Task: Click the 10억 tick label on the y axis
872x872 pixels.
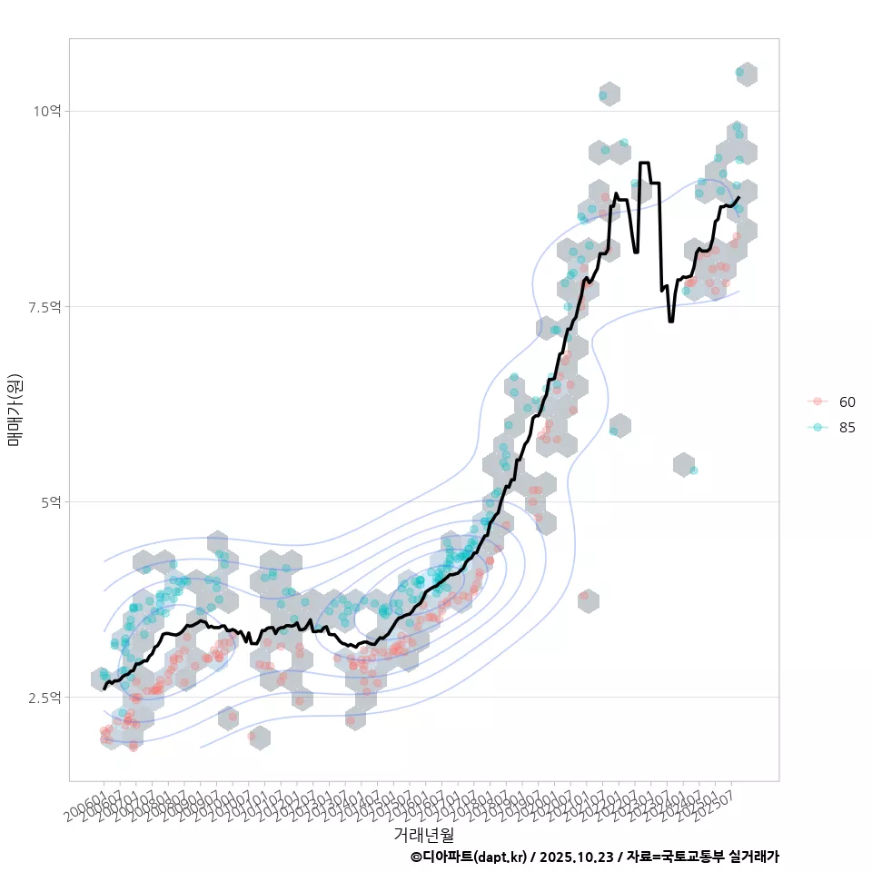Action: pos(47,111)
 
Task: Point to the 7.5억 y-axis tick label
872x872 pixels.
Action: pos(45,307)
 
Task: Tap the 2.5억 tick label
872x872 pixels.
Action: pos(45,697)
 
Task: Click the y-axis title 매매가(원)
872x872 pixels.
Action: pos(15,410)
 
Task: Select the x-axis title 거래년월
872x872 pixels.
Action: pos(423,834)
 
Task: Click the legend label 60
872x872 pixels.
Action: pos(847,401)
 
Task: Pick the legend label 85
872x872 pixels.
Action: pos(847,428)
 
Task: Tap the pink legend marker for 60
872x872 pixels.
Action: pos(817,401)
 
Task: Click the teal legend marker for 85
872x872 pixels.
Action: pos(817,428)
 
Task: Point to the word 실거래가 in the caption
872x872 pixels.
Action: pos(754,857)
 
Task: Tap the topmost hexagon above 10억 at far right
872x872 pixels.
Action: pos(746,74)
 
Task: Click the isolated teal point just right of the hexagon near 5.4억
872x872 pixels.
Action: pos(693,471)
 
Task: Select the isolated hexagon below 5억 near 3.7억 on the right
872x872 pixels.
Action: pos(589,600)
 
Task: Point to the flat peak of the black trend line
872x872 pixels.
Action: pos(644,163)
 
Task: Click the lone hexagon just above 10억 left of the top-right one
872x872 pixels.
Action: pos(609,94)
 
